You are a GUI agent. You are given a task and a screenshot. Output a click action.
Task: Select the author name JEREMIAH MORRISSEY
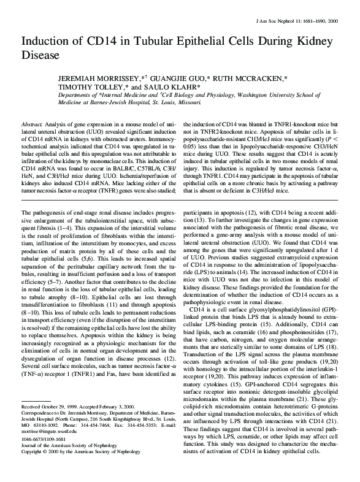[x=96, y=80]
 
